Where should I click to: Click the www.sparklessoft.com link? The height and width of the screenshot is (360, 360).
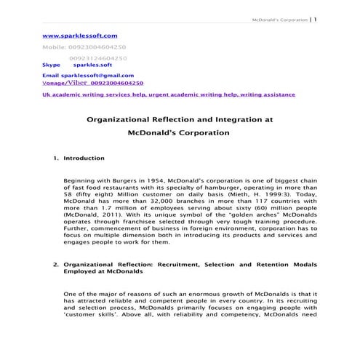pyautogui.click(x=80, y=35)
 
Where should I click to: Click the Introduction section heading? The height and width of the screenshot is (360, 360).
pyautogui.click(x=84, y=157)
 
